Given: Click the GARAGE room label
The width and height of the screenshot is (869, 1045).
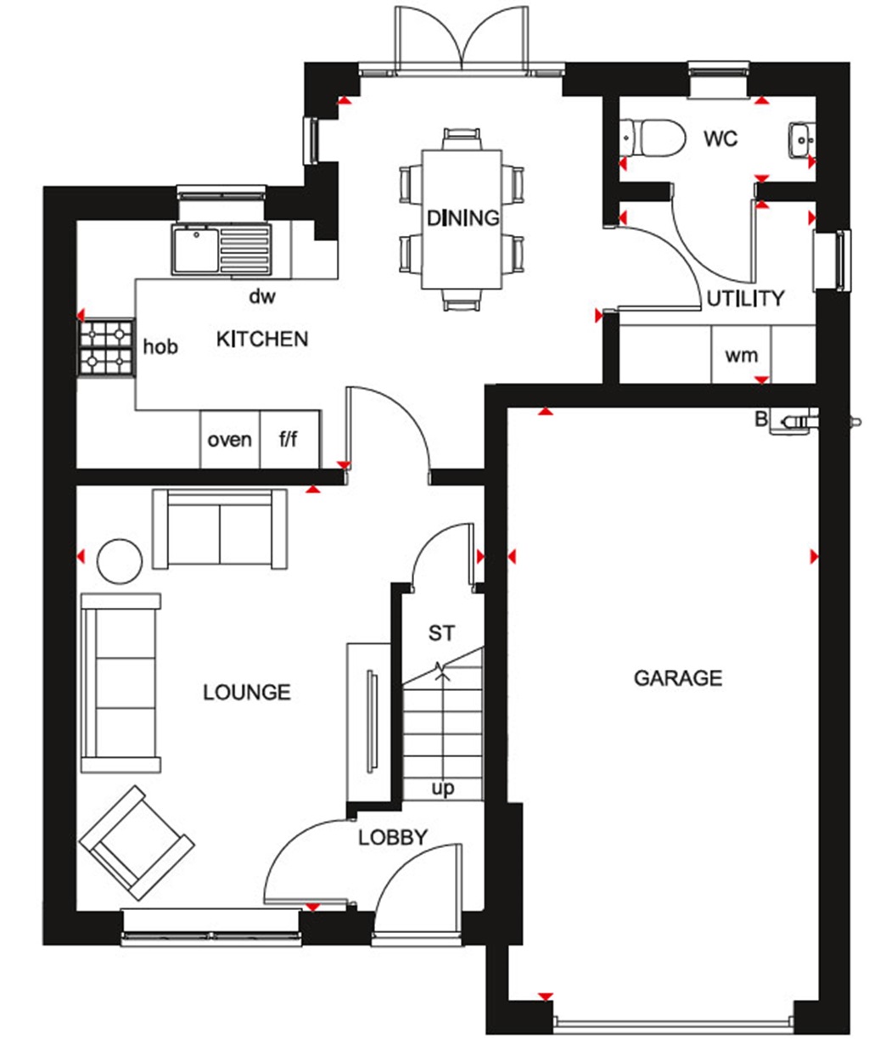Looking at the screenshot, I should tap(678, 677).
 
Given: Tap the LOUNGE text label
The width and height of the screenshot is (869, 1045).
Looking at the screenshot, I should tap(247, 693).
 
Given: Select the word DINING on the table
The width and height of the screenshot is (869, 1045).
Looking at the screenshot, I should tap(463, 218).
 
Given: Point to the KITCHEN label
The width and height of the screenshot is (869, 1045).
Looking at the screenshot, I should tap(262, 340).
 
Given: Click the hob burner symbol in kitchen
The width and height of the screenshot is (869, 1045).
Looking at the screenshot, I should tap(106, 347).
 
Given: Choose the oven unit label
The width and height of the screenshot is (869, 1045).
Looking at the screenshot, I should tap(230, 440).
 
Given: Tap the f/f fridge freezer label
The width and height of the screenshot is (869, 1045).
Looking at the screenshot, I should tap(289, 440).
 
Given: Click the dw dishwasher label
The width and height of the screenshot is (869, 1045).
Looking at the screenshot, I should tap(262, 296).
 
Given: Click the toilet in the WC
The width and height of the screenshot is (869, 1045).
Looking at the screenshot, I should tap(653, 138).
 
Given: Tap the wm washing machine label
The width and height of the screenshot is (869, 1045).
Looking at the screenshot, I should tap(741, 356).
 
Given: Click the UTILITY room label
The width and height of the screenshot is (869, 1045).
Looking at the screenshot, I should tap(746, 299).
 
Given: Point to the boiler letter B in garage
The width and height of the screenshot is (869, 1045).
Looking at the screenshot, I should tap(761, 418).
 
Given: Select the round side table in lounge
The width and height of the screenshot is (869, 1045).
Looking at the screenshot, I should tap(120, 561).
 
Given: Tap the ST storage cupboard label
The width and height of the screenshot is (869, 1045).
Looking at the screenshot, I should tap(441, 632).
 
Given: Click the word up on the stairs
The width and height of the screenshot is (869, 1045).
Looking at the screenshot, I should tap(443, 788).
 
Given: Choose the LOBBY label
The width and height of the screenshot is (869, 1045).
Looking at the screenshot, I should tap(392, 837).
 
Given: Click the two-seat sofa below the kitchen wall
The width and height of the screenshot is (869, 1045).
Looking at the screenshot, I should tap(220, 530).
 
